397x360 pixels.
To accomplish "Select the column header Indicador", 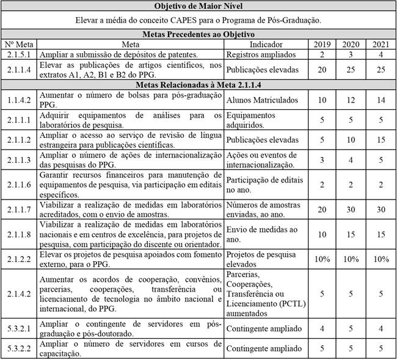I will click(x=267, y=45).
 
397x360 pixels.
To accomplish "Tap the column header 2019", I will click(x=322, y=45).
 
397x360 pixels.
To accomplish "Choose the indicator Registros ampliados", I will click(x=259, y=54).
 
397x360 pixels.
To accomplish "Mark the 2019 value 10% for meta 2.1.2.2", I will click(x=322, y=259).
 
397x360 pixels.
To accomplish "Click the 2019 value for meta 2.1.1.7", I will click(x=322, y=209).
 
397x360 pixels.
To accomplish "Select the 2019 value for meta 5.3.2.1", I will click(x=322, y=329).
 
